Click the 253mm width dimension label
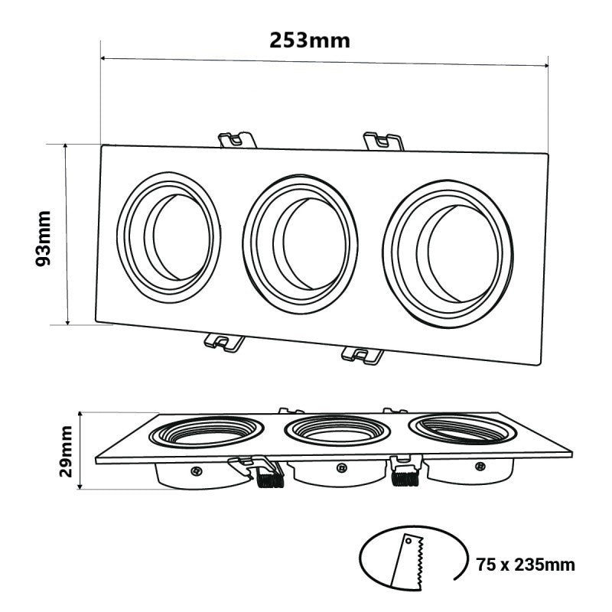(x=310, y=40)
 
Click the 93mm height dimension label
(x=44, y=238)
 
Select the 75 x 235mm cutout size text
(x=524, y=565)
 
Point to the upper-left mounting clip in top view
(x=237, y=140)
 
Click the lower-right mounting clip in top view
(x=363, y=354)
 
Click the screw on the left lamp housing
(x=197, y=470)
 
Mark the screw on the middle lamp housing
(x=340, y=468)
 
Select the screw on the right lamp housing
(x=480, y=465)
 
